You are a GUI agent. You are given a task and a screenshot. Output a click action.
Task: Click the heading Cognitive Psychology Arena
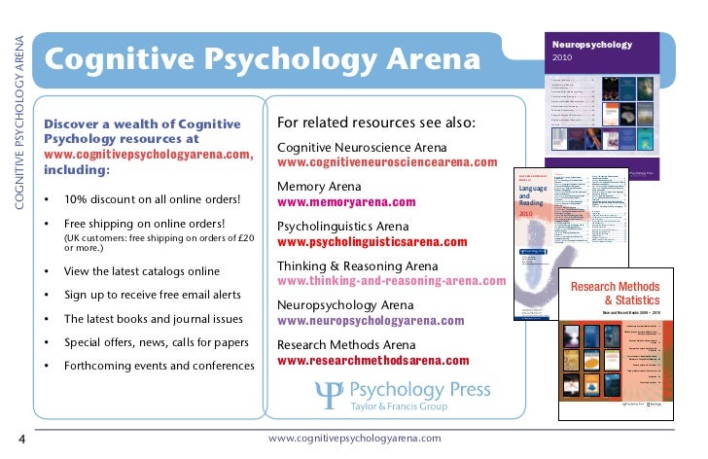pyautogui.click(x=263, y=60)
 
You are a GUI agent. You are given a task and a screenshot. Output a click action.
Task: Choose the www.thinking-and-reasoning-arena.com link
pyautogui.click(x=391, y=281)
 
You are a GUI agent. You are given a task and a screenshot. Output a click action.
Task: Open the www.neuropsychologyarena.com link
pyautogui.click(x=379, y=320)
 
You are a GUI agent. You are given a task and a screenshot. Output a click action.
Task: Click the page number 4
pyautogui.click(x=22, y=438)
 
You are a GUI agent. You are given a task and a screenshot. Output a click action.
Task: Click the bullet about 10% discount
pyautogui.click(x=152, y=200)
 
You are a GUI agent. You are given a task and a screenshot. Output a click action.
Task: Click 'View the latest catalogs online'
pyautogui.click(x=142, y=271)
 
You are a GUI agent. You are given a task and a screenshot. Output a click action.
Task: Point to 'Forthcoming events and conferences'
pyautogui.click(x=159, y=366)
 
